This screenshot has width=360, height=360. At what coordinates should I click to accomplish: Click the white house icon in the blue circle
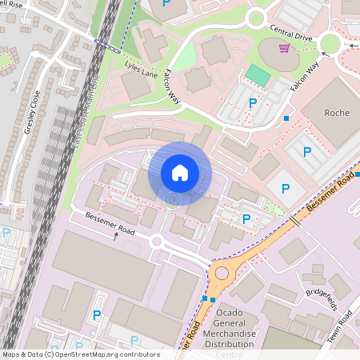tap(180, 173)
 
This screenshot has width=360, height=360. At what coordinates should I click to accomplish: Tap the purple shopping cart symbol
tap(283, 49)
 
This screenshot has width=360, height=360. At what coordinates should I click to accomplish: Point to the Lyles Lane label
tap(142, 69)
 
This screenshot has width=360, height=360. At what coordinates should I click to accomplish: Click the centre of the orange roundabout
tap(221, 273)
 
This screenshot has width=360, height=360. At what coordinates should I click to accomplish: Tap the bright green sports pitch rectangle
tap(258, 75)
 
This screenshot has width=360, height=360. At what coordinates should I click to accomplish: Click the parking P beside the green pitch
tap(253, 102)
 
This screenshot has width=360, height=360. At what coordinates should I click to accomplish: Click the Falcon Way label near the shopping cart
tap(306, 74)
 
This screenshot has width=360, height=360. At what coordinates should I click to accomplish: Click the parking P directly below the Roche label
tap(304, 151)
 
